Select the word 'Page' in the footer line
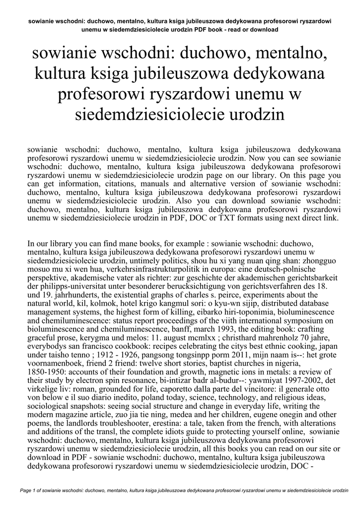(27, 491)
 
